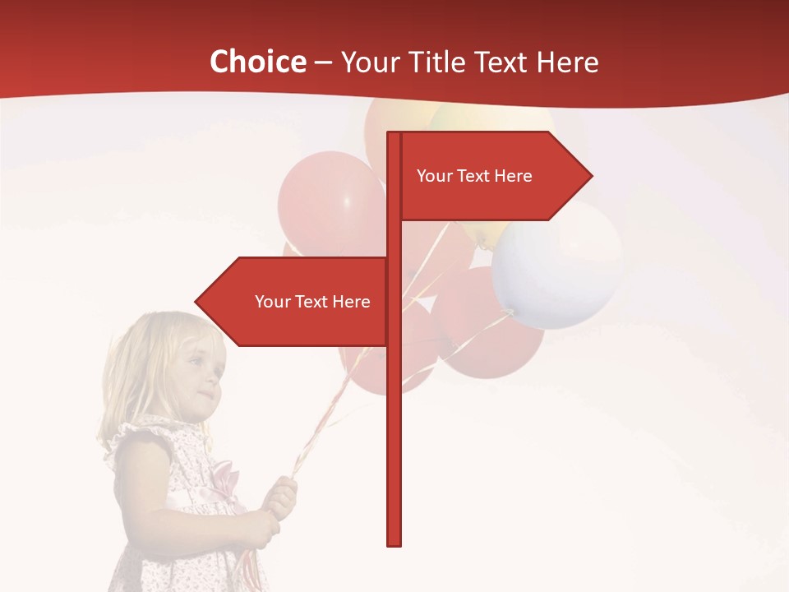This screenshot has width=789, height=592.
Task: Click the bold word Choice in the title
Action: (257, 62)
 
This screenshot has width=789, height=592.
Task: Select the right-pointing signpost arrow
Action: (493, 176)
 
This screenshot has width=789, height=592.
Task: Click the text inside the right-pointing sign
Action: (474, 176)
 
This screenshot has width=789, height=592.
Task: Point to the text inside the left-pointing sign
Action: (312, 302)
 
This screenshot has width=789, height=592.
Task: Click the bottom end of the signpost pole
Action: (394, 540)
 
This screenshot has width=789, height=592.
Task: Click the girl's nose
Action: (217, 381)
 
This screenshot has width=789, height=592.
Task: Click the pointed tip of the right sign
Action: (590, 176)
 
